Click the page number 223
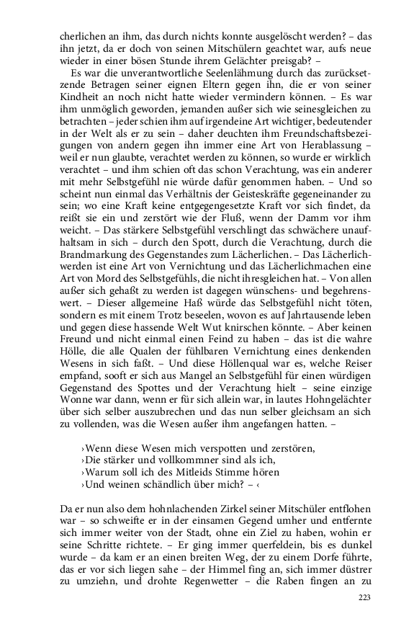[366, 617]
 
